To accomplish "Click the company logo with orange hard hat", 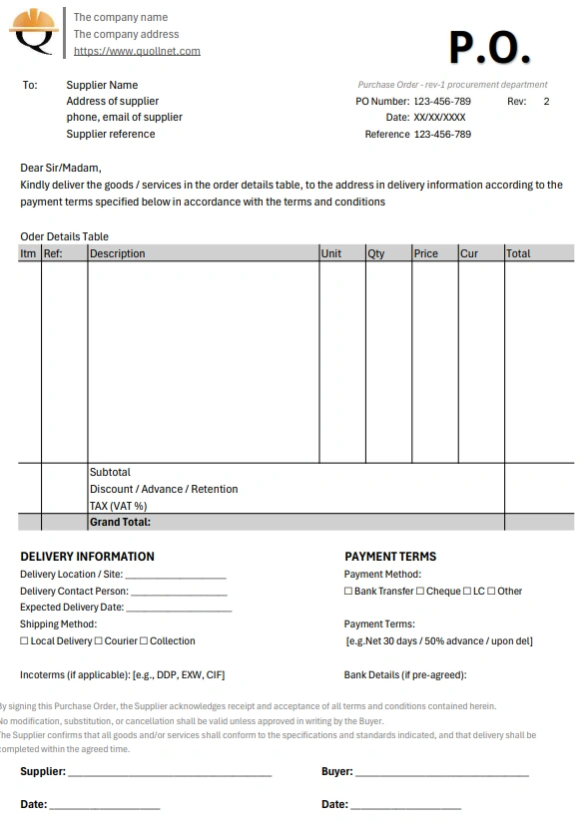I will point(34,33).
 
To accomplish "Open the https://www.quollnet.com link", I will point(137,51).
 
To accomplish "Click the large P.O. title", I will point(489,47).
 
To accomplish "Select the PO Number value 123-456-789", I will point(442,101).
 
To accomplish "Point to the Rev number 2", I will point(546,101).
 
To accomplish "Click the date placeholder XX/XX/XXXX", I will point(439,118).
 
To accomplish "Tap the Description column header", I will point(118,253).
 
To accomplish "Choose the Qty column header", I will point(376,253).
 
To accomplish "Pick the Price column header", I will point(426,253).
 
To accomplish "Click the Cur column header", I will point(469,253).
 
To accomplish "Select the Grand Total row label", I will point(120,522).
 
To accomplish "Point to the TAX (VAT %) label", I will point(118,506).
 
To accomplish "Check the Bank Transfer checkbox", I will point(348,592).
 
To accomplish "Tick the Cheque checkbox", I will point(420,592).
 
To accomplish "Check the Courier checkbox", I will point(99,641).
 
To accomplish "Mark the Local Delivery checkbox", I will point(24,641).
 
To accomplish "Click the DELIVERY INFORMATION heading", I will point(87,557).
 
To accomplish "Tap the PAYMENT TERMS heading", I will point(390,557).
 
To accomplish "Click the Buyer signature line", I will point(441,773).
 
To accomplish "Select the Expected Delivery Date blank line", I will point(179,608).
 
